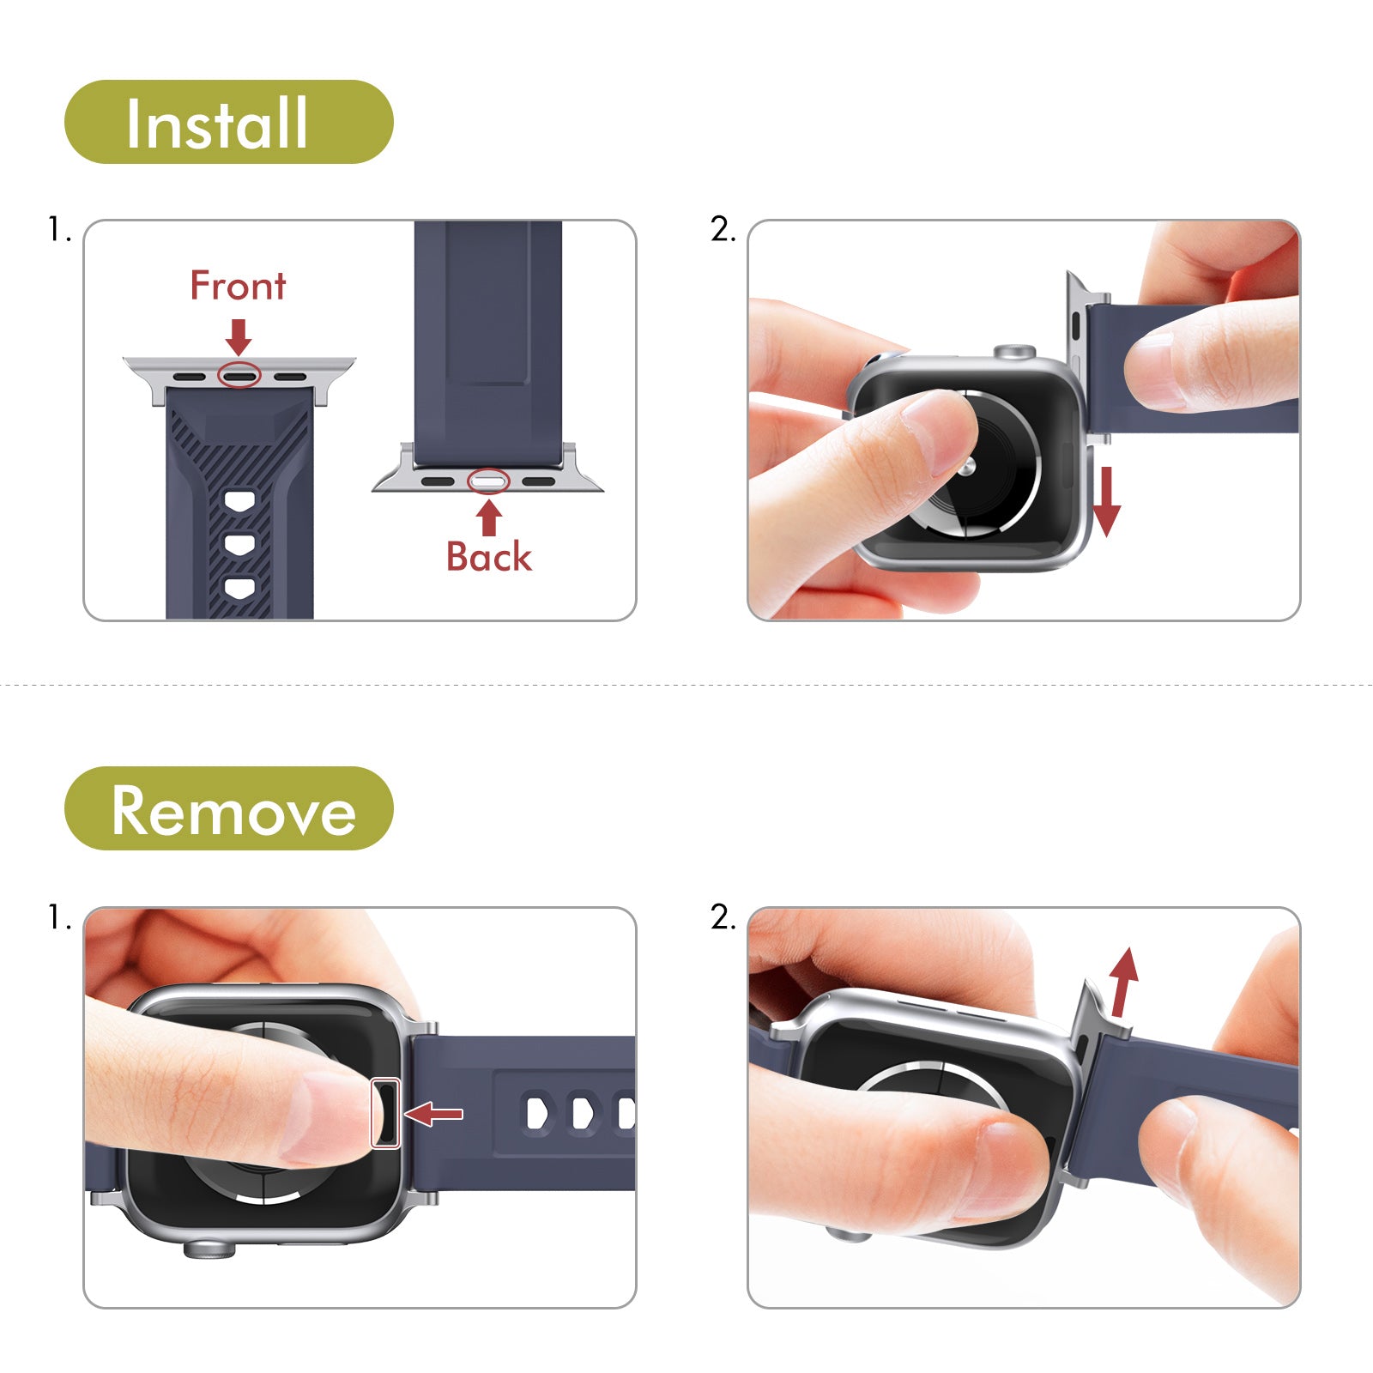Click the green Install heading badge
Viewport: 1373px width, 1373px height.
click(229, 122)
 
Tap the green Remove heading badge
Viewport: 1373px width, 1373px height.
click(229, 808)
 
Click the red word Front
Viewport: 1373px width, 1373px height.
click(238, 286)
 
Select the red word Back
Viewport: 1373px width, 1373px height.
click(488, 557)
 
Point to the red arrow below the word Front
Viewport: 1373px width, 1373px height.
click(239, 336)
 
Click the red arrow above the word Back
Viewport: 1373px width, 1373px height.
click(489, 517)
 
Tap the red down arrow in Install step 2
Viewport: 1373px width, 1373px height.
click(1106, 502)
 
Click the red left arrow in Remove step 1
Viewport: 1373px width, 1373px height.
click(433, 1114)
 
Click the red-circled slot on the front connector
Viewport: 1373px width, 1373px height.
click(239, 375)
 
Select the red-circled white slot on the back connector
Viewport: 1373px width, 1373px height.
click(488, 481)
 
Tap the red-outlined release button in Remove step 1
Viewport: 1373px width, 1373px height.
click(384, 1113)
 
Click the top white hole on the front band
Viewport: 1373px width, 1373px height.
click(239, 502)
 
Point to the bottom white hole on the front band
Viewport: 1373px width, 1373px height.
click(239, 589)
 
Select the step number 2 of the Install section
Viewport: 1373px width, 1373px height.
click(723, 230)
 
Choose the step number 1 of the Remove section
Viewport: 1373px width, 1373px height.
click(58, 918)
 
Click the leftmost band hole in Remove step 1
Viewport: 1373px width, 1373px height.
click(537, 1113)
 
